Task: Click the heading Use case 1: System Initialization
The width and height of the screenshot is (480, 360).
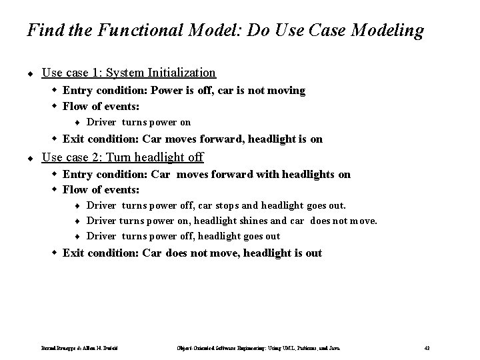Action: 129,72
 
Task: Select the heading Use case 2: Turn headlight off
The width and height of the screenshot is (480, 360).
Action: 123,157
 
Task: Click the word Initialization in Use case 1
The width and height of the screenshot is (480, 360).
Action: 183,72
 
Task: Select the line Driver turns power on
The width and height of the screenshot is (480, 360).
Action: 139,122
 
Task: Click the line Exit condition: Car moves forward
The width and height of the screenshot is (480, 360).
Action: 192,139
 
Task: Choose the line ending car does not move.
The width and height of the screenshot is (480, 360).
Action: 231,221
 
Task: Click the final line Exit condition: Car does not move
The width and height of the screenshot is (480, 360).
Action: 192,253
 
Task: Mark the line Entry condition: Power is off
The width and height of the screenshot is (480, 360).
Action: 183,90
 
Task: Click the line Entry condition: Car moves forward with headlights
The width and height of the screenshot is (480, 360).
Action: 206,174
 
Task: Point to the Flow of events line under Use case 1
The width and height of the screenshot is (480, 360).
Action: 101,106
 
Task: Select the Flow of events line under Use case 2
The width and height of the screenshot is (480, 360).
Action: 101,190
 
